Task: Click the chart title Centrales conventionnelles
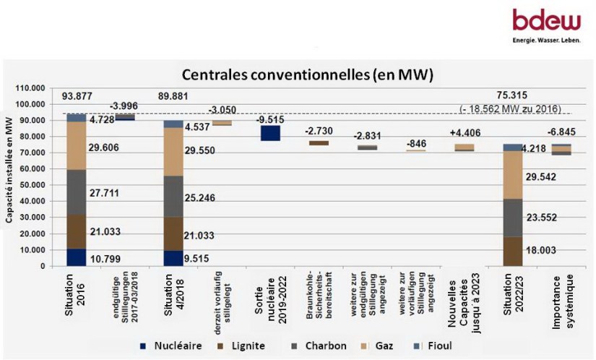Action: click(x=307, y=74)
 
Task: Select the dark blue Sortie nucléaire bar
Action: click(x=271, y=133)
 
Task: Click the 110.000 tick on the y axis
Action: click(x=30, y=87)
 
